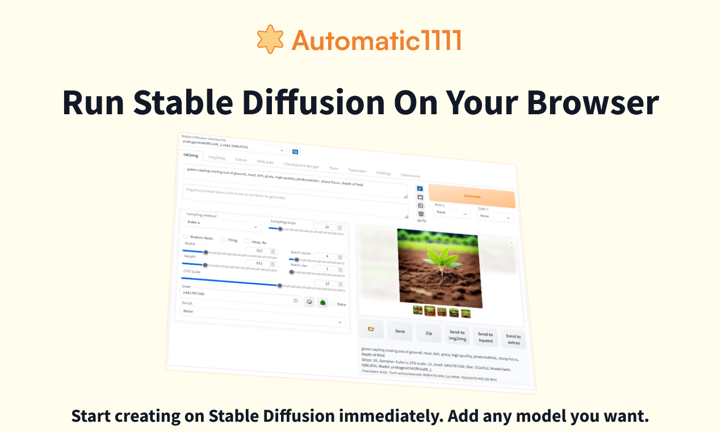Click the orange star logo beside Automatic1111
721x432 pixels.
270,39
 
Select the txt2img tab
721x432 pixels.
191,155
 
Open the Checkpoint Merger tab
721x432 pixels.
301,165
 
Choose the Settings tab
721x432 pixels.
383,173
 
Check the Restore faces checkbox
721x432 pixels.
186,236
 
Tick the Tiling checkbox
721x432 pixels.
223,239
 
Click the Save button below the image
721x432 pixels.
400,331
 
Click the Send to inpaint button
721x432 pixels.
485,337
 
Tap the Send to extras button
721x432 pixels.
513,339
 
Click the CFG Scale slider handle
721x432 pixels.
279,285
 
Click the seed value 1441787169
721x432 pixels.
193,293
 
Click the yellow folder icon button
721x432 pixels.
371,329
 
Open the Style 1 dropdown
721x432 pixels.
451,213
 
